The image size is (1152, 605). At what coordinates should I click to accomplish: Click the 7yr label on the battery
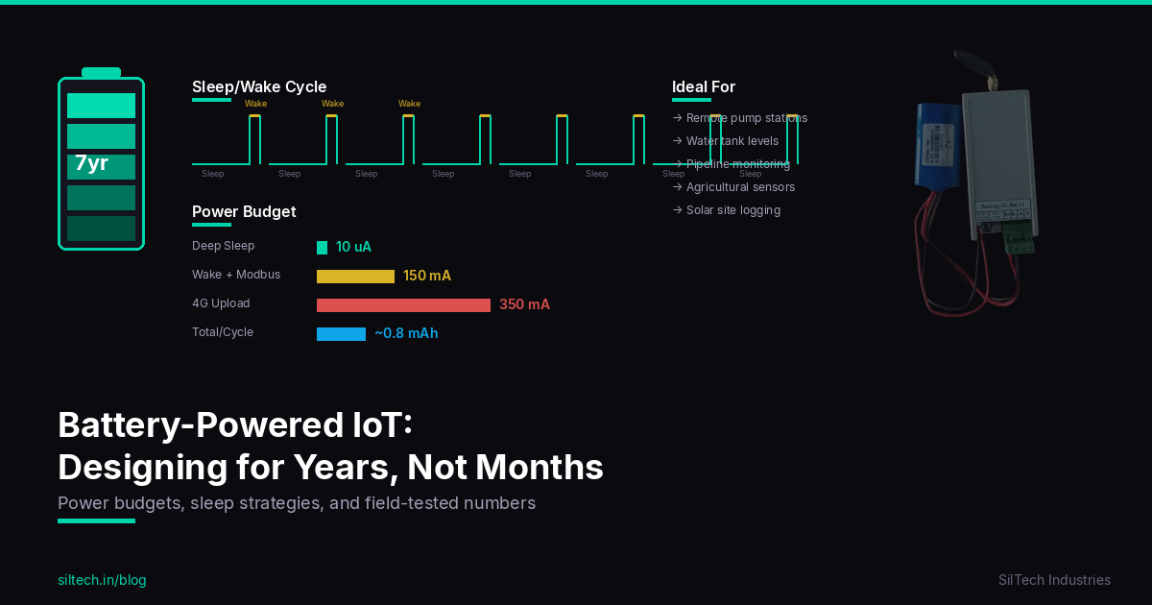point(91,163)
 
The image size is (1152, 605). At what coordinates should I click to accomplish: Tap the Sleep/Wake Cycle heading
point(259,87)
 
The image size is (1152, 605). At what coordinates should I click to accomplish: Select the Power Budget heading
point(244,212)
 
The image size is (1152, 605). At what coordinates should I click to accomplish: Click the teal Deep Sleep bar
point(322,248)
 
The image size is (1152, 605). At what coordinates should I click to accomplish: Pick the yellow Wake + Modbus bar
point(355,277)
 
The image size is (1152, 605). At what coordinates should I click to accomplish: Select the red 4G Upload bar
point(403,305)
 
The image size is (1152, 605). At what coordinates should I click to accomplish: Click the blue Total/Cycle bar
point(341,334)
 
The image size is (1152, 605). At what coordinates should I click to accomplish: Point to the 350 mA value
point(524,304)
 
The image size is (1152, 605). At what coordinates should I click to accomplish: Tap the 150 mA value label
point(427,276)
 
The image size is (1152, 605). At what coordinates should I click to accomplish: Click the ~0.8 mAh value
point(406,333)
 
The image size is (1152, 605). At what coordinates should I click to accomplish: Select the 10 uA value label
point(353,247)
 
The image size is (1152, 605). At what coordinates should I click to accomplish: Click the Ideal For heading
point(704,87)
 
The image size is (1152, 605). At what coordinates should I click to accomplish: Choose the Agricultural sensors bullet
point(740,187)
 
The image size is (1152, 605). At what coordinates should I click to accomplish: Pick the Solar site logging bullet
point(732,210)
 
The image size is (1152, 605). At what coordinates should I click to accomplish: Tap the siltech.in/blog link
point(102,580)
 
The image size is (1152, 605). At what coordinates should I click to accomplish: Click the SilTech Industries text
point(1054,580)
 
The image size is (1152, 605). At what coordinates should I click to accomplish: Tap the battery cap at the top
point(101,72)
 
